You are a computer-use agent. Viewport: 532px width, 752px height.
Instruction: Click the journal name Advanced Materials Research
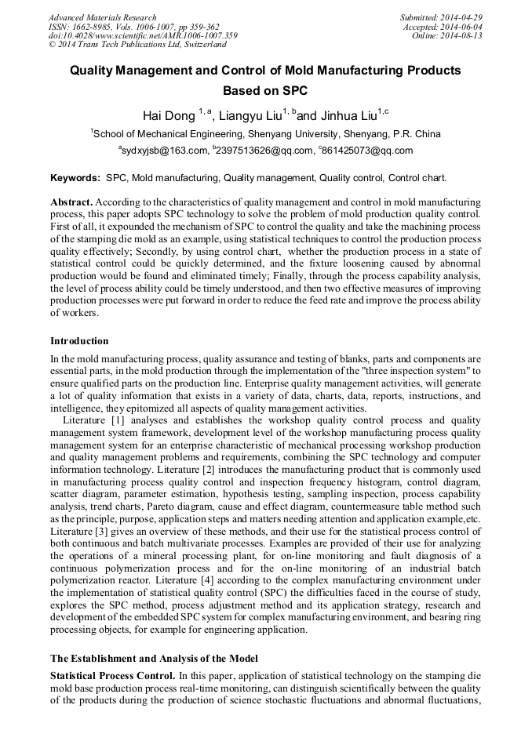[x=103, y=17]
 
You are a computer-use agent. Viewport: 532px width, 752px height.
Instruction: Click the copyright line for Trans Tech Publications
[x=127, y=45]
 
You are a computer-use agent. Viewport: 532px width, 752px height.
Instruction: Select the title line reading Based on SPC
[x=265, y=90]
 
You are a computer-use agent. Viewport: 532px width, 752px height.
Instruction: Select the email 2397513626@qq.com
[x=265, y=151]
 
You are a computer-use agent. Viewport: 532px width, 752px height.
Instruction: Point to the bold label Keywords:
[x=75, y=178]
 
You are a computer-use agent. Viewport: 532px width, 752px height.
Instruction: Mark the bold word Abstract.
[x=71, y=202]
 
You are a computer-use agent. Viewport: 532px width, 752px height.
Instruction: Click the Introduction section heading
[x=79, y=341]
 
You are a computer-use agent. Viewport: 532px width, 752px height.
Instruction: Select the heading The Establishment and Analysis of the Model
[x=154, y=658]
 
